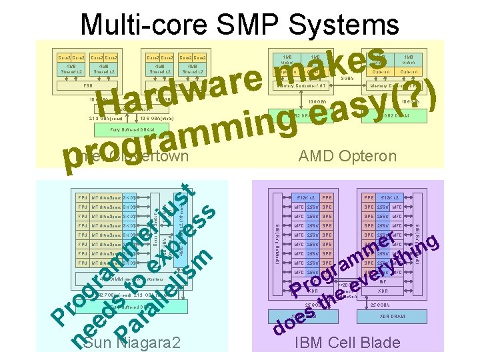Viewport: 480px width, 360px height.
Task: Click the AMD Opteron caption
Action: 347,156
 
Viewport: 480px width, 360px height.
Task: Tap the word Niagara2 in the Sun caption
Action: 151,343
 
